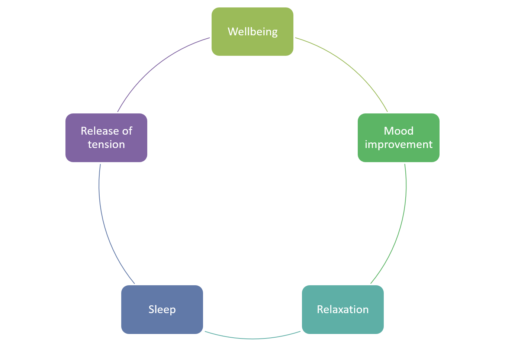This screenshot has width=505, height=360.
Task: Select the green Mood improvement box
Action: point(398,154)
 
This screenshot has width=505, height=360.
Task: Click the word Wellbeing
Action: point(252,32)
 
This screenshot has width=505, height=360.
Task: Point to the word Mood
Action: point(398,131)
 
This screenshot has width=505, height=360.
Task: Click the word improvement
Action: point(398,144)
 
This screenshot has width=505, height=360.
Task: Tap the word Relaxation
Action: point(342,309)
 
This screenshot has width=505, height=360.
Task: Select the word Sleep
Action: point(162,309)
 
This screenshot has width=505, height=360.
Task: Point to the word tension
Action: point(106,144)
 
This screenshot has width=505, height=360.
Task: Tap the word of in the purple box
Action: point(127,131)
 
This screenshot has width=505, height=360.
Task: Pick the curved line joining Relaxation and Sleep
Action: point(252,339)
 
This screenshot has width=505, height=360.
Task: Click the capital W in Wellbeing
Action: point(232,32)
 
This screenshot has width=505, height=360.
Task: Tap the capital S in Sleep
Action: point(151,309)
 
